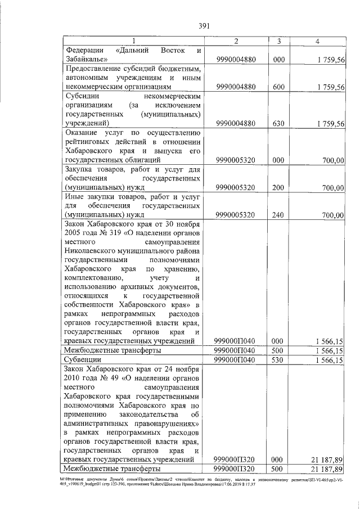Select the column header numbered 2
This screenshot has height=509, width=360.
pyautogui.click(x=236, y=41)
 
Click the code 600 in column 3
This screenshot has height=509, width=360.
pyautogui.click(x=278, y=87)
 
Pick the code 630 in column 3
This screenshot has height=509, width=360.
pyautogui.click(x=278, y=123)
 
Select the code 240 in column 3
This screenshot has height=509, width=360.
pyautogui.click(x=278, y=214)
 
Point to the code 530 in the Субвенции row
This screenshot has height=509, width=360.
pyautogui.click(x=278, y=359)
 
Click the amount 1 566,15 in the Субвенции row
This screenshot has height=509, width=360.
pyautogui.click(x=330, y=359)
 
